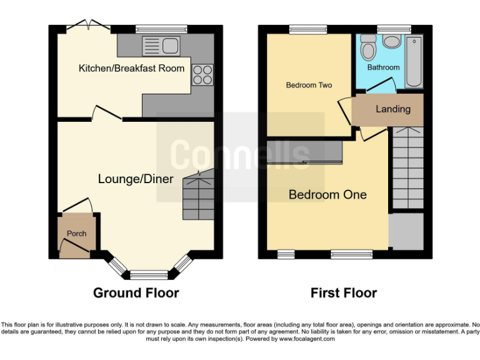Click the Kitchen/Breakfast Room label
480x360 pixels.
[x=131, y=68]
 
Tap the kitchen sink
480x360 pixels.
[x=161, y=44]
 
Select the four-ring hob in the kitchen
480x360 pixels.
[x=202, y=75]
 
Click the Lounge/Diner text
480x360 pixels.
[x=136, y=179]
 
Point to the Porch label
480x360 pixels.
[x=77, y=234]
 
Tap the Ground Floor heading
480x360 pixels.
[x=136, y=292]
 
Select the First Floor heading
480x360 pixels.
[x=344, y=292]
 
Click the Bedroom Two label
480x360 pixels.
[x=309, y=85]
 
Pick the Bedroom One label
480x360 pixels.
[x=327, y=195]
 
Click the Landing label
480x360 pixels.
[x=393, y=109]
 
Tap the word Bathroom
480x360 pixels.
[x=383, y=67]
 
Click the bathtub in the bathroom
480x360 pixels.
[x=414, y=62]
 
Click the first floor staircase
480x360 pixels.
[x=407, y=167]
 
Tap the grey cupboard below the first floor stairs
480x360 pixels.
[x=406, y=232]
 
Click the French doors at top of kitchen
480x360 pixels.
[x=88, y=26]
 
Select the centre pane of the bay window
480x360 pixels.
[x=149, y=274]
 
